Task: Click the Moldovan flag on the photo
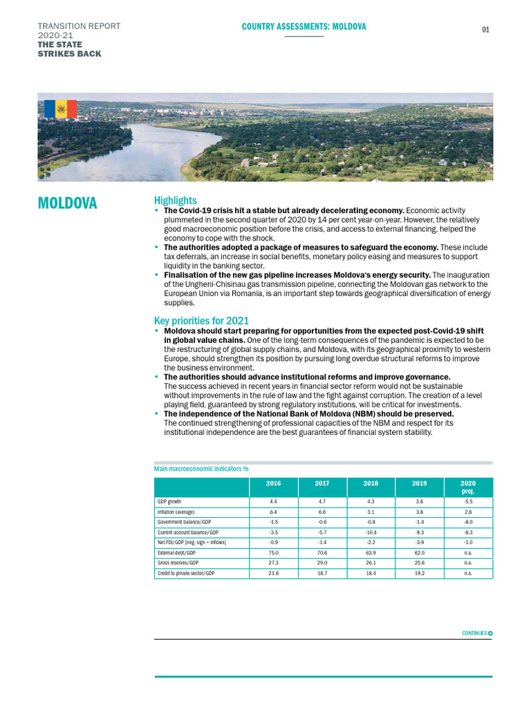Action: [60, 109]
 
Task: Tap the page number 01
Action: [485, 30]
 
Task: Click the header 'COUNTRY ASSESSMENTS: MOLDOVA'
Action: [304, 27]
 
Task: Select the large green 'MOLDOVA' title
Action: [67, 203]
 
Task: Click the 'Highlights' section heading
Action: [175, 200]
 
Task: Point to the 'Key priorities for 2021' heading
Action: [201, 321]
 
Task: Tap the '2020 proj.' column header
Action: [468, 487]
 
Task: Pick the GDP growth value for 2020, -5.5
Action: [468, 501]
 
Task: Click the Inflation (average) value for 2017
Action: [322, 512]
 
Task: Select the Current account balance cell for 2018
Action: [370, 532]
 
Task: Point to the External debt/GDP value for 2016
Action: [273, 553]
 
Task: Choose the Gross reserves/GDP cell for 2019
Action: [419, 563]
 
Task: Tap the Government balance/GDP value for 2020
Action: [468, 522]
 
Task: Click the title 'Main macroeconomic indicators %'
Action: [201, 469]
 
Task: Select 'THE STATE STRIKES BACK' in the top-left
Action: [69, 49]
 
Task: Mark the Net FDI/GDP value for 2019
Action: [419, 543]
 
